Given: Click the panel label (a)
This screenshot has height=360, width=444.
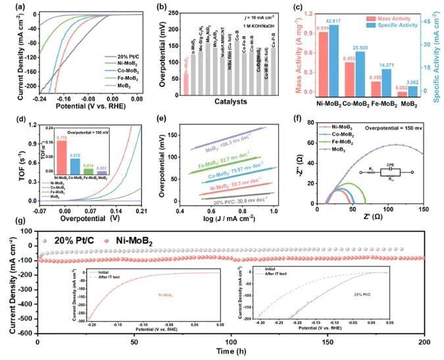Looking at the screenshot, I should [x=9, y=9].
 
